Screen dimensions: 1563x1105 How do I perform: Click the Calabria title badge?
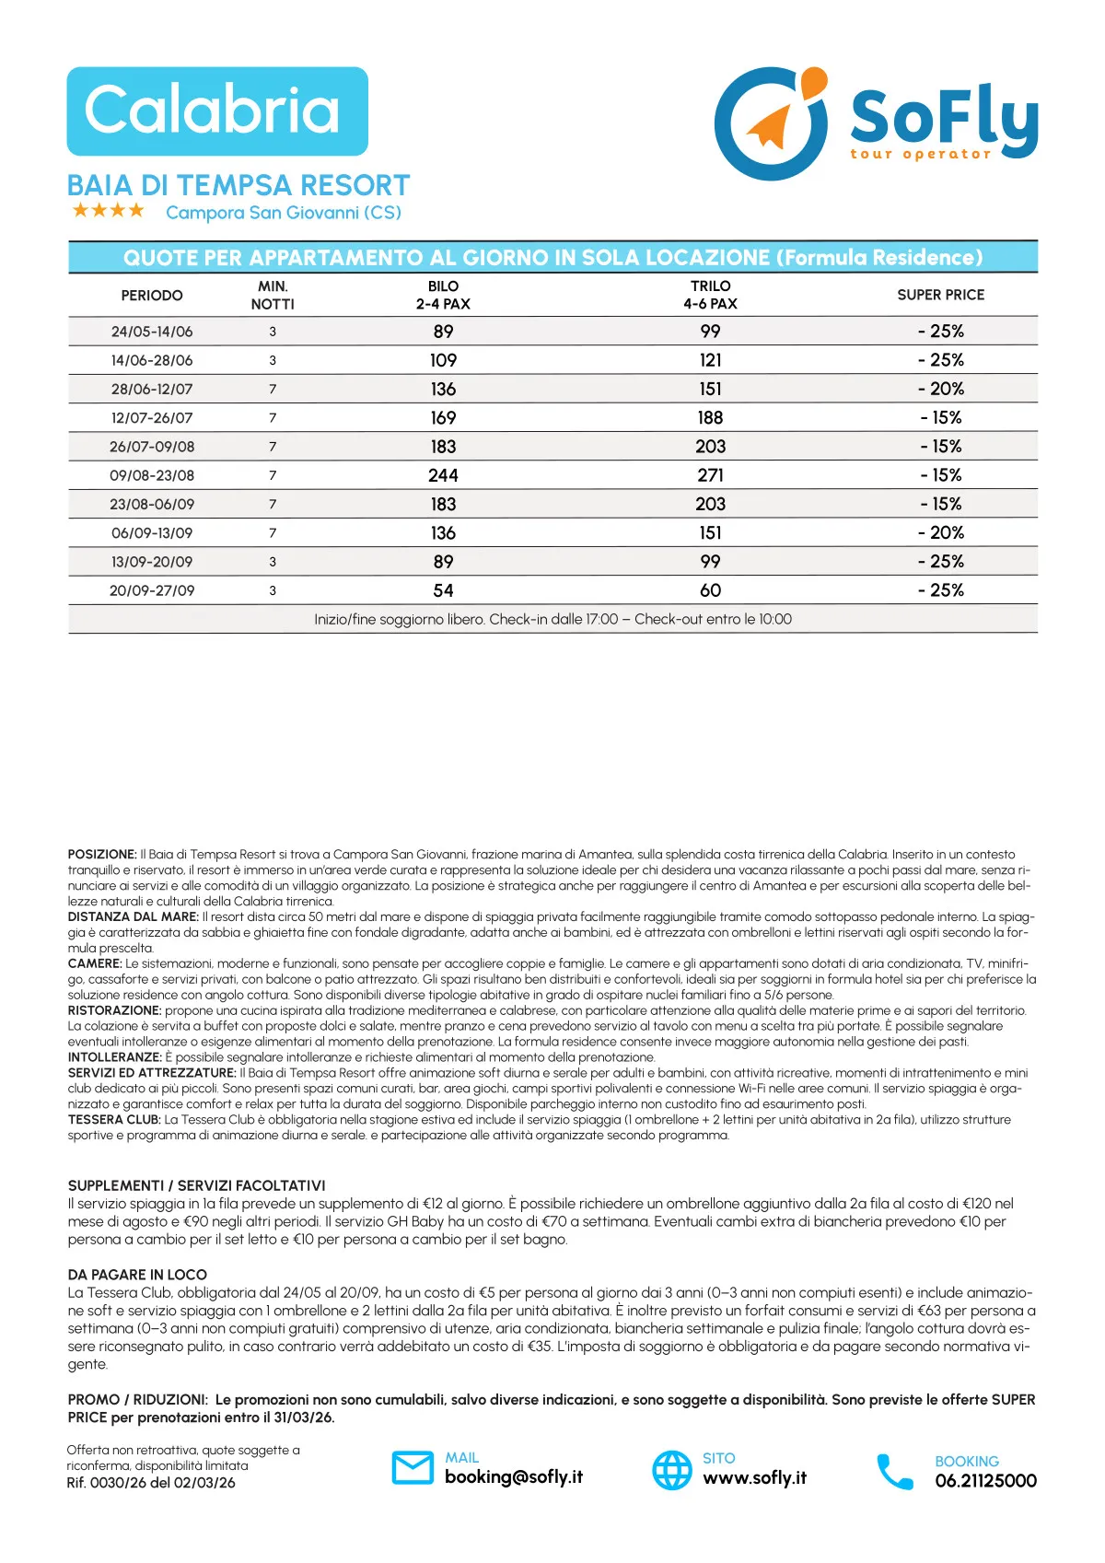coord(217,111)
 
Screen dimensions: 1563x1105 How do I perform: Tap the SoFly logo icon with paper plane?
coord(772,122)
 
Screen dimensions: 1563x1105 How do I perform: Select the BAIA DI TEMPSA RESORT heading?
coord(238,185)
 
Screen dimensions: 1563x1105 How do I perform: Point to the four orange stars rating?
coord(109,211)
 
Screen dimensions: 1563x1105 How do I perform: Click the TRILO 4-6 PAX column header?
coord(710,295)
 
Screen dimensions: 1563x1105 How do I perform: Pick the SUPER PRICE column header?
coord(940,295)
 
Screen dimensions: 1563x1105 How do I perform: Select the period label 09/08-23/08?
coord(152,475)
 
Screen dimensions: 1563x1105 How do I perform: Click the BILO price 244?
coord(443,475)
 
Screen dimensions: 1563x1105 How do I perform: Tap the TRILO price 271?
coord(710,475)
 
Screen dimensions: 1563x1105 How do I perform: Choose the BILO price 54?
coord(443,590)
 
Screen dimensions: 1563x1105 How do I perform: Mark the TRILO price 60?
coord(710,590)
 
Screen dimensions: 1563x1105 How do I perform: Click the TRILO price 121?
coord(710,360)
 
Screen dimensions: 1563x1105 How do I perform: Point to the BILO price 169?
coord(443,418)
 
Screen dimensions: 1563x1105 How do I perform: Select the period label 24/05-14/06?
coord(152,332)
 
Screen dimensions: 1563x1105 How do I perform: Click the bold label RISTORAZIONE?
coord(114,1010)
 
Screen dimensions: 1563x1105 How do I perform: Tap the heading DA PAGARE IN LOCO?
coord(137,1275)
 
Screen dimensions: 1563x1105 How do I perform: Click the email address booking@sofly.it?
coord(513,1476)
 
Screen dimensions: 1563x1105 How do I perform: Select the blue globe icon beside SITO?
coord(672,1470)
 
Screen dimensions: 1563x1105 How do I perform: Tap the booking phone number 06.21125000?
coord(985,1481)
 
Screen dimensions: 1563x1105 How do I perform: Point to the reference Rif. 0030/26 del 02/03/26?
coord(151,1483)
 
